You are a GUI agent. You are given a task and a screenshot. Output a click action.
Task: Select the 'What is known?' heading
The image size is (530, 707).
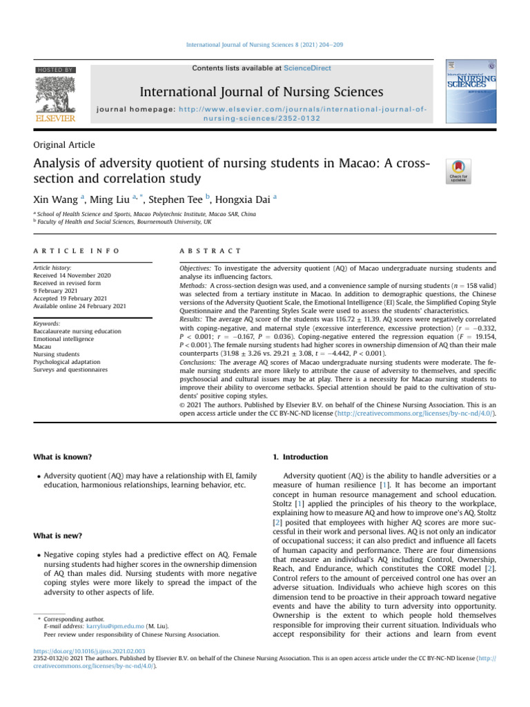(x=63, y=457)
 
